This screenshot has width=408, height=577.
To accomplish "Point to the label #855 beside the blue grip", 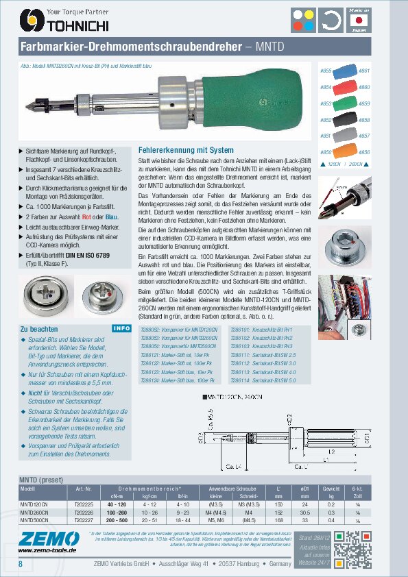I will click(326, 71).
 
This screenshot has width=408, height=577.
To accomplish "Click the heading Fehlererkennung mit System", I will click(186, 149).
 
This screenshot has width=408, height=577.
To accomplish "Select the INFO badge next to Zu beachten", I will click(121, 328).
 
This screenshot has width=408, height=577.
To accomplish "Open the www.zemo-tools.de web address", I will click(47, 550).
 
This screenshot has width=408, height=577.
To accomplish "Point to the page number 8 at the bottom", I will click(21, 563).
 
